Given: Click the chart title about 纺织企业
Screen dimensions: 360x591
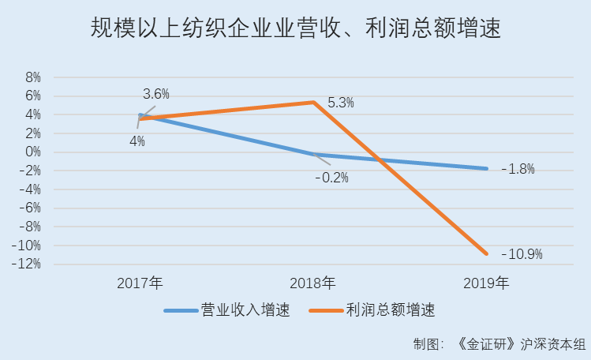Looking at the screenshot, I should click(296, 30).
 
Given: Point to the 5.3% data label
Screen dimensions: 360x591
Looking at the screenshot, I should click(340, 103).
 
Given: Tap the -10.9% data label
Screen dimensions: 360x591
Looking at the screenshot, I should click(522, 254).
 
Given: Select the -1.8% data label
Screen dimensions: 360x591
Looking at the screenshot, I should click(518, 168).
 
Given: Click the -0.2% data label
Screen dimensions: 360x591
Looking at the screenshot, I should click(331, 178).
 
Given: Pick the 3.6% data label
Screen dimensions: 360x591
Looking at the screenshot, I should click(156, 94).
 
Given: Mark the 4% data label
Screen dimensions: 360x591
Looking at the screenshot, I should click(137, 142).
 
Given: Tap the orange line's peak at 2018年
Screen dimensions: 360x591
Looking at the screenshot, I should click(313, 102).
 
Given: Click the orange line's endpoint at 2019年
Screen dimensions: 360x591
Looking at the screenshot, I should click(486, 253).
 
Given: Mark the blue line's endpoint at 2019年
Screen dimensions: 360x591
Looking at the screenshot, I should click(486, 168).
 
